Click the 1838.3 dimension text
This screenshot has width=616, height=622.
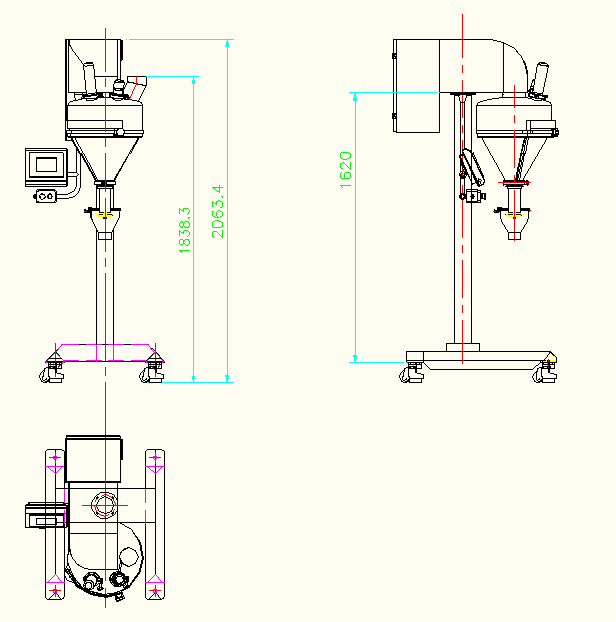(184, 230)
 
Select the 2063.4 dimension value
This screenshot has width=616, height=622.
(216, 211)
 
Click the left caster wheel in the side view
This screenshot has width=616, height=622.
(410, 373)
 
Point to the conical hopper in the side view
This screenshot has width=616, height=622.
(516, 155)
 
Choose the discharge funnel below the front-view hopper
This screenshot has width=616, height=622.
(104, 225)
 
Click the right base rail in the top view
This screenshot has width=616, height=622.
(154, 524)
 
